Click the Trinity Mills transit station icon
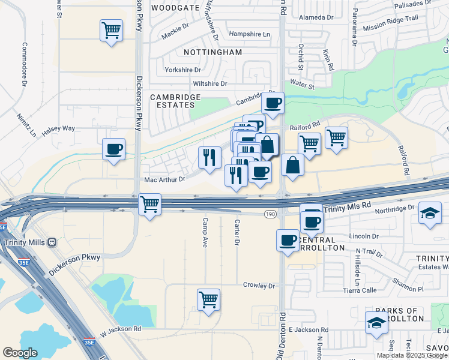click(52, 242)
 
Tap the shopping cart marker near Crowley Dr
click(208, 299)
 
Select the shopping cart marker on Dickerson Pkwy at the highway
click(149, 204)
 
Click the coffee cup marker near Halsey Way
click(113, 149)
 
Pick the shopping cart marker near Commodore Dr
click(112, 30)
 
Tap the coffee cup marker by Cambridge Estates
click(273, 103)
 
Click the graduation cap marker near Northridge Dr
click(430, 214)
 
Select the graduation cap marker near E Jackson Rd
click(376, 322)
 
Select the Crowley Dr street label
click(259, 286)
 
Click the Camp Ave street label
click(205, 233)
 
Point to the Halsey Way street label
click(59, 128)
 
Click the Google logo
click(20, 353)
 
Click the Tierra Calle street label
click(377, 290)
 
